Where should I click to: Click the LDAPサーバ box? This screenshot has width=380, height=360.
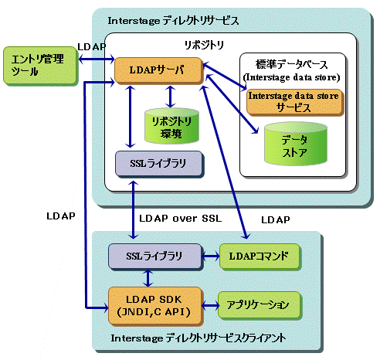point(158,70)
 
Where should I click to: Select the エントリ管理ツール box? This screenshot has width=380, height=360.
point(40,66)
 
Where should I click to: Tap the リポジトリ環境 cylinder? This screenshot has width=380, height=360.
point(171,126)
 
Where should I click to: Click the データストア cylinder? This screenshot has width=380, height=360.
point(296,144)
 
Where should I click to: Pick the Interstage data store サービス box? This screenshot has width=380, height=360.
point(295,102)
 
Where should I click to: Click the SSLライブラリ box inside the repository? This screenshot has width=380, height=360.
point(158,164)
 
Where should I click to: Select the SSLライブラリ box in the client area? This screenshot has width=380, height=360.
point(154,256)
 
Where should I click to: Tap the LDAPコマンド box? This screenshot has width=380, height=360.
point(260,256)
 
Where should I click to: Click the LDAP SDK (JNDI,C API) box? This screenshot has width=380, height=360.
point(155,306)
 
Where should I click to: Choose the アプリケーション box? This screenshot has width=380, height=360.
point(259,305)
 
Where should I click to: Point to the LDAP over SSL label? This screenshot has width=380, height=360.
point(180,219)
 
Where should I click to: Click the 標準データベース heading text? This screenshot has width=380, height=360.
point(291,64)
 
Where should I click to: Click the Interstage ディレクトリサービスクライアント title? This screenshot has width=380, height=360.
point(198,338)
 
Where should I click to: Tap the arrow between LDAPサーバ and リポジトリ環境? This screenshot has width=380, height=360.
point(170,97)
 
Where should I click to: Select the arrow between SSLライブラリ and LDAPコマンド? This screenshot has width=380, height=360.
point(210,256)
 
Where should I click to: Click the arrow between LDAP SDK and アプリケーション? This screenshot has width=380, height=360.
point(210,306)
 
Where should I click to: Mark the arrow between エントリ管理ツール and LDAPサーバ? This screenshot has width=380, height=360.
point(96,59)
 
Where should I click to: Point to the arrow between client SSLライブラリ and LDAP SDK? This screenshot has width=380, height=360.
point(148,278)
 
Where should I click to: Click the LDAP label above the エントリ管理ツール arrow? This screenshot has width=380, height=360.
point(92,47)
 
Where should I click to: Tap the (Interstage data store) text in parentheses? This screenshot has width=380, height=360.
point(291,77)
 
